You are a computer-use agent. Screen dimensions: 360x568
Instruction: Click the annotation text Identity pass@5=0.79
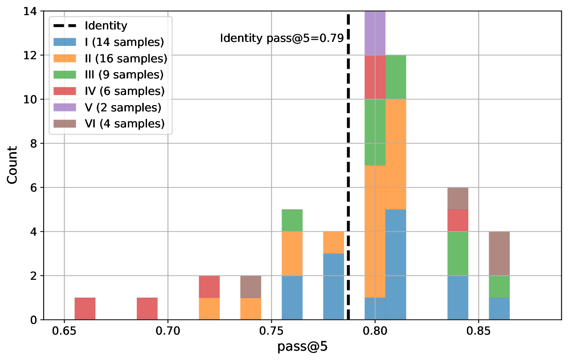tap(282, 38)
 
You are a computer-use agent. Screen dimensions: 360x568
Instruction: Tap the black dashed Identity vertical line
tap(348, 178)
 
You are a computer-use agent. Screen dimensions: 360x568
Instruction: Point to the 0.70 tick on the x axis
tap(168, 332)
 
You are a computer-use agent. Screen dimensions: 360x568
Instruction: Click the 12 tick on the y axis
tap(32, 55)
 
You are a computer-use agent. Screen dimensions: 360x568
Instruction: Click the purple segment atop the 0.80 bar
tap(375, 33)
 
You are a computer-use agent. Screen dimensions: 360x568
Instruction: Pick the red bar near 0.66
tap(85, 309)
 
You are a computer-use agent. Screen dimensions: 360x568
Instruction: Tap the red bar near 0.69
tap(147, 309)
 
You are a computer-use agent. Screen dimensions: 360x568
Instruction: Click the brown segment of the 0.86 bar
tap(499, 254)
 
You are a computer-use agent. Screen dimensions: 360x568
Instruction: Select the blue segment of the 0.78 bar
tap(333, 286)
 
